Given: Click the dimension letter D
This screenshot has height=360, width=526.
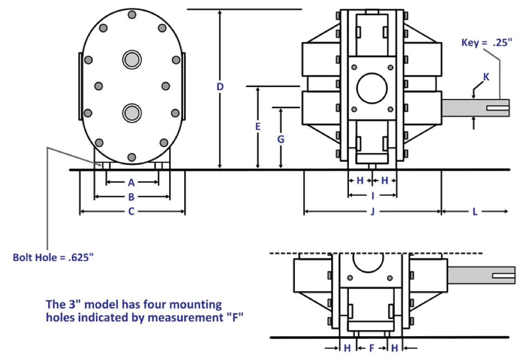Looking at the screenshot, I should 219,86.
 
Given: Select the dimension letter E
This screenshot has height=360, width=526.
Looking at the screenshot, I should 258,126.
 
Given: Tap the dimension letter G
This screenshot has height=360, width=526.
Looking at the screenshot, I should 281,138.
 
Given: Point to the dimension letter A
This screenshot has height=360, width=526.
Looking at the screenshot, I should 131,182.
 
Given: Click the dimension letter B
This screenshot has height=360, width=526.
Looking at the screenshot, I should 131,196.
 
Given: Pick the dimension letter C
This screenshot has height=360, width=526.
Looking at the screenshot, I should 131,211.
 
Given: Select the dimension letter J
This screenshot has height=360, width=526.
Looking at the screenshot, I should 372,211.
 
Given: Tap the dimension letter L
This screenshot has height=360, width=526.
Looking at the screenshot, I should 475,211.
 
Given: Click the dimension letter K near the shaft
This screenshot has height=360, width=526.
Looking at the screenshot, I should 486,77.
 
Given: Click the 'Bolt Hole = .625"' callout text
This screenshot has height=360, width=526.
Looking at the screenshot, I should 53,257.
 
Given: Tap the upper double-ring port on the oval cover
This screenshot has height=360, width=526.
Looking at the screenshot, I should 131,59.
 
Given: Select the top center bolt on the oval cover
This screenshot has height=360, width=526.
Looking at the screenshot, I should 131,16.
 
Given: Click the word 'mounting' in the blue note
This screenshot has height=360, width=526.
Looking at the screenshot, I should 192,305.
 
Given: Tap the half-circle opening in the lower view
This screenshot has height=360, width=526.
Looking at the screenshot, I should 372,263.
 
